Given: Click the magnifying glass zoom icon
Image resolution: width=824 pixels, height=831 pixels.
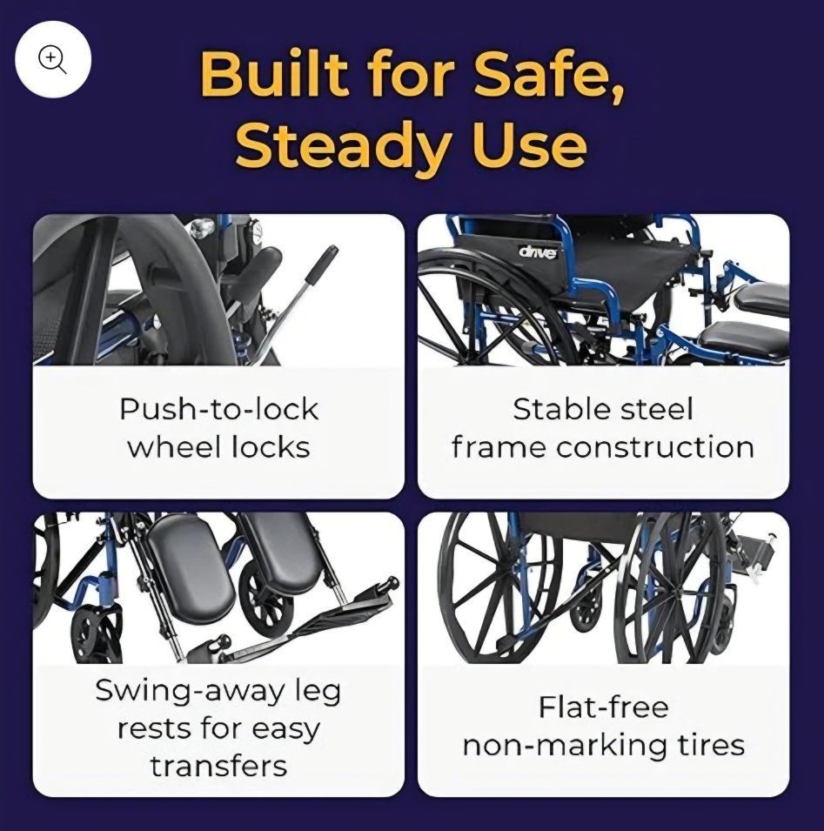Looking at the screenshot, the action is pos(53,59).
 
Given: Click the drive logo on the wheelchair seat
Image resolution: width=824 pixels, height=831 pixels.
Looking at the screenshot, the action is pos(538,251).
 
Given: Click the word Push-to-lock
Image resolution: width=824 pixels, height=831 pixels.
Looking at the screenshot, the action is pos(219,409).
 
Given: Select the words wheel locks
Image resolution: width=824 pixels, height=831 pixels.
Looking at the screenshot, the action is pos(218,446).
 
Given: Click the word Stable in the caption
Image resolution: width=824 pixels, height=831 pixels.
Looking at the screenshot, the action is pos(554,409).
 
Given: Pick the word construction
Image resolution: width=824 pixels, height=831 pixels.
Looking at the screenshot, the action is pos(655,447).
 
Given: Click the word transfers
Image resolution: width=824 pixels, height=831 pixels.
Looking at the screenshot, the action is pos(219,766).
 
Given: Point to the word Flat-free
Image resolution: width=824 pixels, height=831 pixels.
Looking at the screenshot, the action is pos(604,707).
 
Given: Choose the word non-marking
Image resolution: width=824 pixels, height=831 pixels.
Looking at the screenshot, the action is pos(566,746).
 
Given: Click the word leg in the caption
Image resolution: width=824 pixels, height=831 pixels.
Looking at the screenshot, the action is pos(317,692).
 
